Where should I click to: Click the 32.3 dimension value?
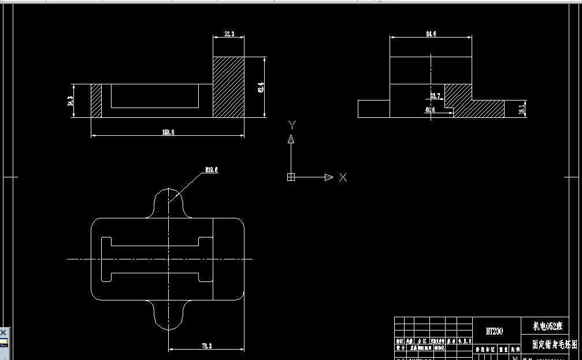229,35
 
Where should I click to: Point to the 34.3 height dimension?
71,101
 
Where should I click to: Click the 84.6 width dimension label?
431,34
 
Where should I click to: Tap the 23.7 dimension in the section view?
435,95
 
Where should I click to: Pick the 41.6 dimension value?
430,109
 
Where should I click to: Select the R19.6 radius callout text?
212,170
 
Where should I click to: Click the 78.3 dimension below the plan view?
206,346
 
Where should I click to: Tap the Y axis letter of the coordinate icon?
292,124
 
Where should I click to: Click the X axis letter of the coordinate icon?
343,177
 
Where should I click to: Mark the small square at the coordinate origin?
291,177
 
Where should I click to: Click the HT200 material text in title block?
494,331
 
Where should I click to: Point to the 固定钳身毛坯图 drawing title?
554,344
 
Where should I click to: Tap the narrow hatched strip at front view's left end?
97,101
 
